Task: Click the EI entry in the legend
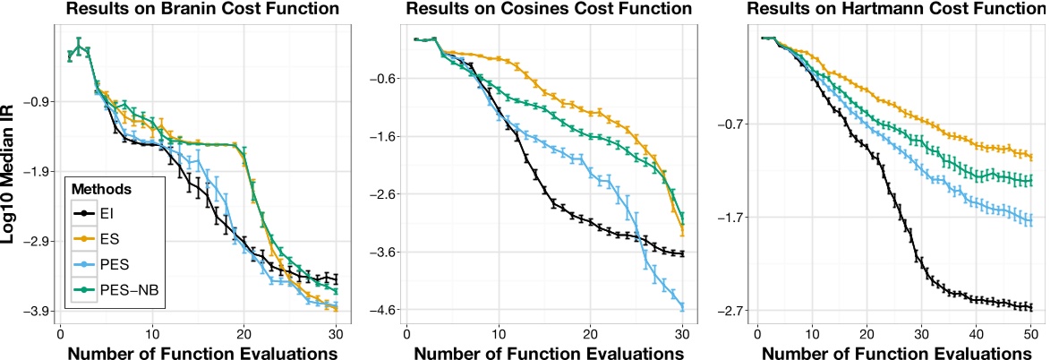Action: (107, 213)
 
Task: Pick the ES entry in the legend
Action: (107, 238)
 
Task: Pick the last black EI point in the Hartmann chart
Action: (1030, 307)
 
